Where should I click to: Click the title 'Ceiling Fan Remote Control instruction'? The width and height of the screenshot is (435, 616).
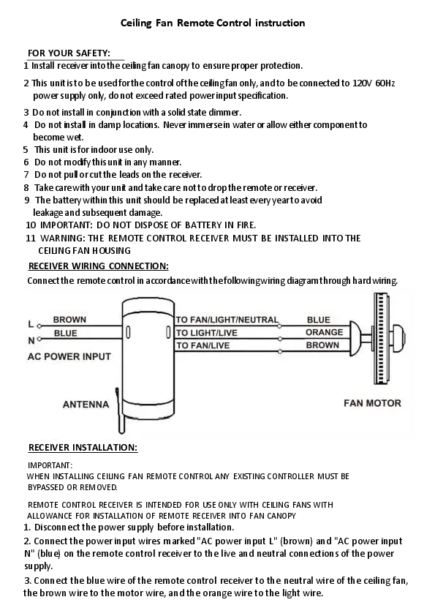tap(213, 23)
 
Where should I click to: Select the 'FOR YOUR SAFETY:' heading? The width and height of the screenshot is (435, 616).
tap(69, 53)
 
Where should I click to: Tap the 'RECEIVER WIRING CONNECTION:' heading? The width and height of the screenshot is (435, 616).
tap(99, 266)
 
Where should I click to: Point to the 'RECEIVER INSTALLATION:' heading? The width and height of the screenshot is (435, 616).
tap(83, 448)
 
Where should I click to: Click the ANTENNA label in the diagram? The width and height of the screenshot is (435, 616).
tap(86, 405)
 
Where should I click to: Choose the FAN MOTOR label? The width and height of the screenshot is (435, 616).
tap(373, 403)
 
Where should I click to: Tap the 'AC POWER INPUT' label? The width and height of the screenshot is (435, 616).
tap(69, 356)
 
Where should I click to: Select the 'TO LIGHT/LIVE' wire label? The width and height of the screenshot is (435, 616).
tap(206, 333)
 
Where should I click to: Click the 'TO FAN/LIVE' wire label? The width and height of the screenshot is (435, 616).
tap(203, 346)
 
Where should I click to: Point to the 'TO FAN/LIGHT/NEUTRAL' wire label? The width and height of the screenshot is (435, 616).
tap(227, 320)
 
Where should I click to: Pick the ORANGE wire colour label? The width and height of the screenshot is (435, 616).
tap(325, 332)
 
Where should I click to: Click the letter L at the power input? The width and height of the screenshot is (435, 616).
tap(31, 324)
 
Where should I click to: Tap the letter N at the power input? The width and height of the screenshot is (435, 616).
tap(31, 341)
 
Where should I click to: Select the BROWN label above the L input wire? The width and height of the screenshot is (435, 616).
tap(69, 320)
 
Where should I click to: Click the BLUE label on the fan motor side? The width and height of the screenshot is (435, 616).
tap(319, 320)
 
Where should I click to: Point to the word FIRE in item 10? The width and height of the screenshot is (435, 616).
tap(246, 225)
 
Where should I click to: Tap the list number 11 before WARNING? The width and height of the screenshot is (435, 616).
tap(31, 238)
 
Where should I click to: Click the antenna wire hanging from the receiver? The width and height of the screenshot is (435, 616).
tap(119, 411)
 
